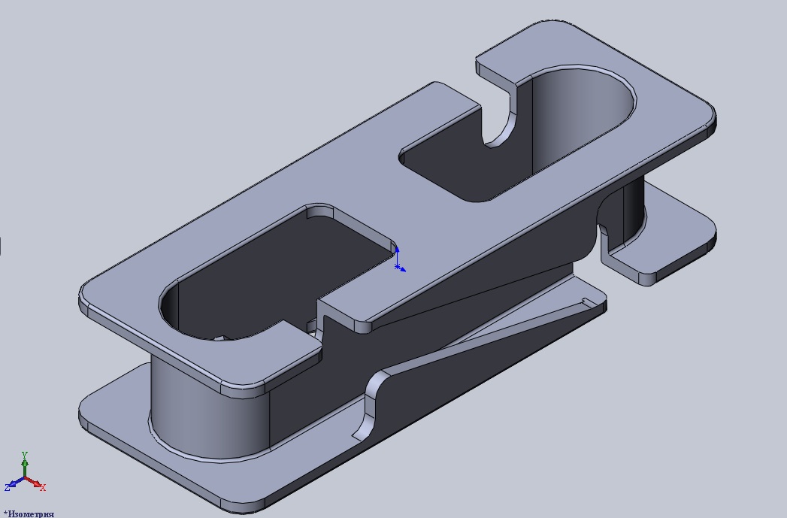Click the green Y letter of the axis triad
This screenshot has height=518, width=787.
tap(24, 456)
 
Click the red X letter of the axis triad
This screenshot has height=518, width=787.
tap(43, 487)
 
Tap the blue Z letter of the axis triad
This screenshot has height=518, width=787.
tap(8, 487)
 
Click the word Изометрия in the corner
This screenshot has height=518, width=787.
tap(31, 514)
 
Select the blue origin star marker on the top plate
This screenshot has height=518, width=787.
tap(397, 267)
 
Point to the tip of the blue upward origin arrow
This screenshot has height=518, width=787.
tap(397, 247)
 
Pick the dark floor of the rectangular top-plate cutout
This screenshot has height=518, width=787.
tap(281, 281)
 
